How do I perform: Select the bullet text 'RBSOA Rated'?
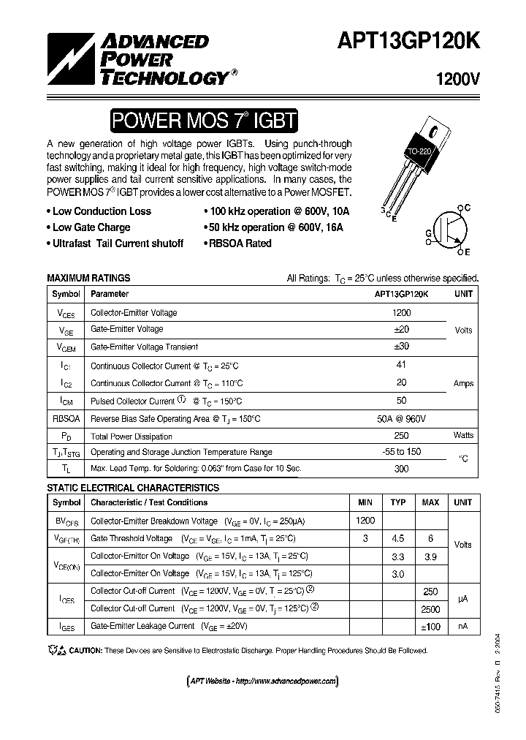[240, 243]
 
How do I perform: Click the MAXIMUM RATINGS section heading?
[88, 278]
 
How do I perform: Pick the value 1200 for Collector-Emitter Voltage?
[402, 312]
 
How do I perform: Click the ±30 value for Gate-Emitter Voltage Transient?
[402, 347]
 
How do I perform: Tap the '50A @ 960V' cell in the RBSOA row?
[402, 418]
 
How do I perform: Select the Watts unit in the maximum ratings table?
[463, 435]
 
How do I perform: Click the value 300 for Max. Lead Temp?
[402, 468]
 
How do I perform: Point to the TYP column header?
[397, 502]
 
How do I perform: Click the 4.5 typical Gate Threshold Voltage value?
[397, 538]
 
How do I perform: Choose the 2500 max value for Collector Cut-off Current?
[430, 608]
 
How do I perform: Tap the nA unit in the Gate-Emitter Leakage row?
[463, 626]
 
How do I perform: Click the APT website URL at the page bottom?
[263, 681]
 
